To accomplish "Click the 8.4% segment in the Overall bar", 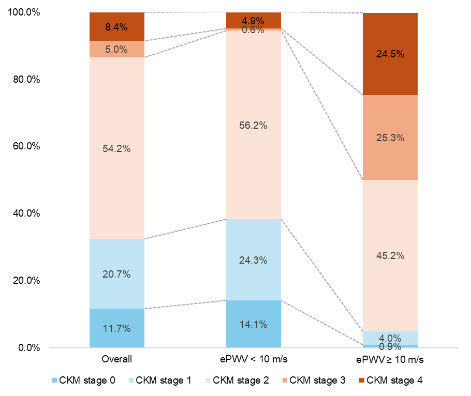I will coord(116,27).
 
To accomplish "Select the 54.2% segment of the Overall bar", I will coord(116,148).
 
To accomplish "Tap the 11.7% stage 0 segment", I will coord(116,328).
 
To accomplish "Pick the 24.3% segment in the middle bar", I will coord(253,260).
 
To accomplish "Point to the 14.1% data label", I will coord(253,325).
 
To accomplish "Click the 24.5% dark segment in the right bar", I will coord(390,54).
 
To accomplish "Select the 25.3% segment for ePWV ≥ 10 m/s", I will coord(390,138).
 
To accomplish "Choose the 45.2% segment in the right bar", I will coord(390,255).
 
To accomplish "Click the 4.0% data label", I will coord(390,338).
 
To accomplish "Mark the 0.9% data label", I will coord(390,346).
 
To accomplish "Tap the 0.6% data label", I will coord(253,30).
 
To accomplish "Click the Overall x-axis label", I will coord(117,359).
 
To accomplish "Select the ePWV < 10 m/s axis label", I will coord(253,359).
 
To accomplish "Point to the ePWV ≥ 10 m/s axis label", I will coord(390,359).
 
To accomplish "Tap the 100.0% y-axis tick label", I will coord(24,12).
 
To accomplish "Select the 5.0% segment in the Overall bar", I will coord(116,49).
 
